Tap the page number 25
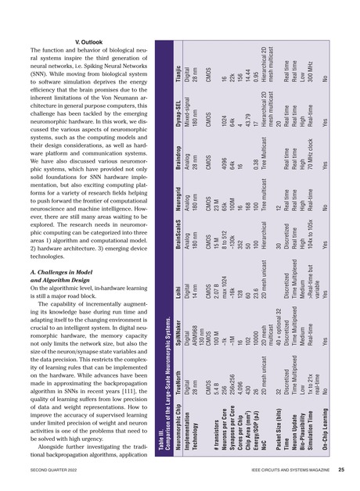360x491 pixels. [x=342, y=471]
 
